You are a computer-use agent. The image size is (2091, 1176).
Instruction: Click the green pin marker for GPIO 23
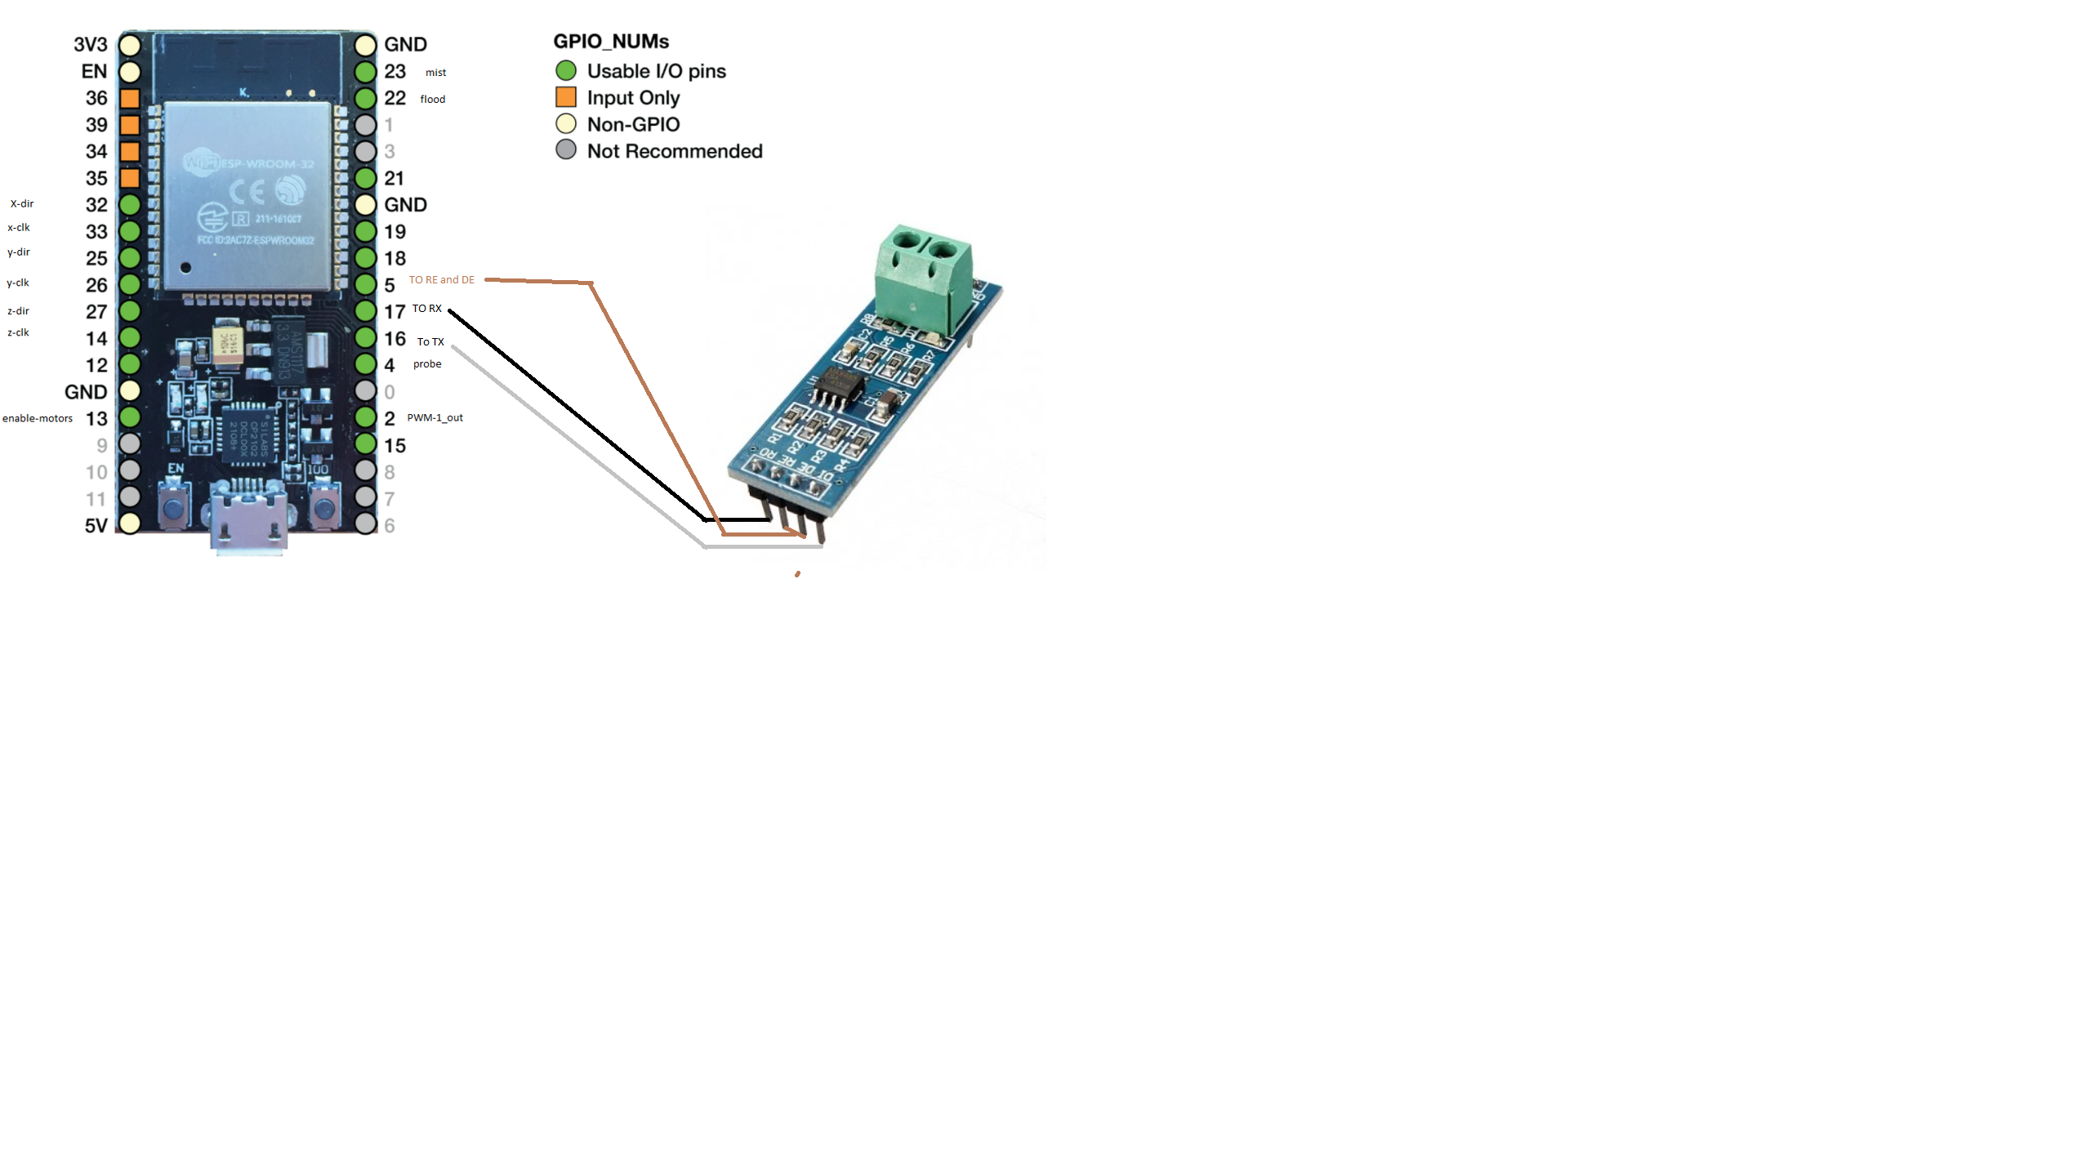[x=365, y=72]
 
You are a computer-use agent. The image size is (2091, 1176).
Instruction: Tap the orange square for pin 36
[x=130, y=99]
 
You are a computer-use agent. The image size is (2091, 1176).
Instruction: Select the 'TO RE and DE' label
[x=441, y=280]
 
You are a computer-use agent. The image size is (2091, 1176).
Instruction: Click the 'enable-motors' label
[x=38, y=418]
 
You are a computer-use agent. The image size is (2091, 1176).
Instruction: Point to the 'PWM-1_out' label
[x=435, y=417]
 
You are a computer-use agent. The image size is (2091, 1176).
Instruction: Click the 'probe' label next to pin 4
[x=427, y=364]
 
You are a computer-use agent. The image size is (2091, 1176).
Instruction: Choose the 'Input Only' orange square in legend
[x=566, y=97]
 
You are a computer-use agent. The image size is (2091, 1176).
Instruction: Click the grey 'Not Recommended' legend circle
[x=566, y=150]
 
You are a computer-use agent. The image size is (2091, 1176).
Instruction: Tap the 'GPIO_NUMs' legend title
[x=611, y=42]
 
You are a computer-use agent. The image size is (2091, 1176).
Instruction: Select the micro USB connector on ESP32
[x=248, y=519]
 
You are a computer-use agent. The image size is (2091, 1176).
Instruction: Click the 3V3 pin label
[x=91, y=45]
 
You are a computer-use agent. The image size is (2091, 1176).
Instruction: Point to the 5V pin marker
[x=130, y=523]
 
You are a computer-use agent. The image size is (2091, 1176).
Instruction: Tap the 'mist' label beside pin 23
[x=435, y=73]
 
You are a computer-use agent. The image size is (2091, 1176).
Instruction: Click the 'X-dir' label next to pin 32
[x=22, y=203]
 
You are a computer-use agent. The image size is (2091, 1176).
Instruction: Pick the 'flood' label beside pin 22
[x=433, y=100]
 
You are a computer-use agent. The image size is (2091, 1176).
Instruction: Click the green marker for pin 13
[x=130, y=417]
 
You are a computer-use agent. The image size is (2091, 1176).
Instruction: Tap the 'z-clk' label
[x=18, y=332]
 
